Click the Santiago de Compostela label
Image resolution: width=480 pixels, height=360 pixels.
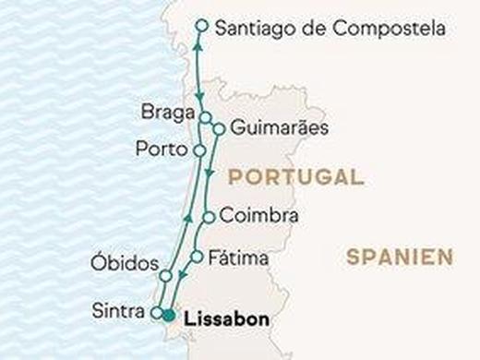(330, 30)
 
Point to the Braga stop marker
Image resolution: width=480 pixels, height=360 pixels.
(205, 117)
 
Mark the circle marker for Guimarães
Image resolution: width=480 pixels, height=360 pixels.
(218, 129)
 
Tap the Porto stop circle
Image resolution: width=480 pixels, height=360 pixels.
(199, 149)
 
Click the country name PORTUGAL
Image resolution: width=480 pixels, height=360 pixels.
(294, 177)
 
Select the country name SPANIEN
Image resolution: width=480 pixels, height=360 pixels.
(400, 257)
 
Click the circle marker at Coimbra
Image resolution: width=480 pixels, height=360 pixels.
(209, 218)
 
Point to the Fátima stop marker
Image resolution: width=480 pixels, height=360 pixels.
(196, 258)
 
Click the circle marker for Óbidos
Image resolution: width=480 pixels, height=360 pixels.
(166, 276)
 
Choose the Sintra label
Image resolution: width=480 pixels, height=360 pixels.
(118, 311)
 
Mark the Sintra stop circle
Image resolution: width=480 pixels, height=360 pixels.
(157, 312)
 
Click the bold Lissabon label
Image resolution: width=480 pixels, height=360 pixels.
(227, 320)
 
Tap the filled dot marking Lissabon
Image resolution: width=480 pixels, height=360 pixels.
(169, 318)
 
